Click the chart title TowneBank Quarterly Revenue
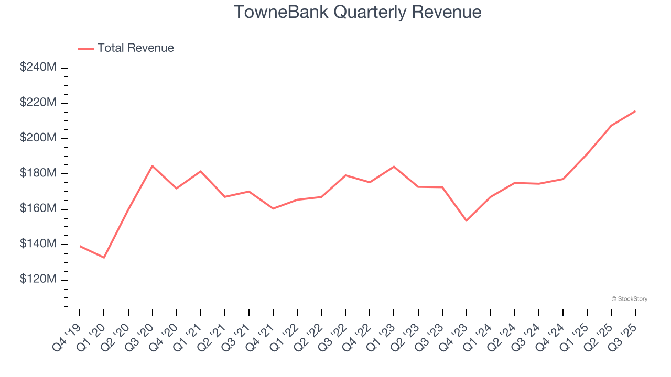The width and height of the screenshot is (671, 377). [x=357, y=12]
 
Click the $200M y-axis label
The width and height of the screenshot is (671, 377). [x=38, y=138]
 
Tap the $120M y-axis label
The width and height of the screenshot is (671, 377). [x=38, y=279]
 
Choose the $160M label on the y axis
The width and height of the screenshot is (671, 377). [x=38, y=208]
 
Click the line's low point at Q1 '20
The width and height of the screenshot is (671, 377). [x=104, y=258]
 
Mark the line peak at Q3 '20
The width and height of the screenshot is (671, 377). [x=152, y=166]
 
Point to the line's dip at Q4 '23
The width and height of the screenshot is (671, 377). [x=466, y=221]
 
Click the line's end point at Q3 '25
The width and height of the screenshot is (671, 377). [x=635, y=111]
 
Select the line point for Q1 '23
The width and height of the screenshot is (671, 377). [x=394, y=167]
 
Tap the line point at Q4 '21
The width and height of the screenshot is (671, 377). [x=273, y=208]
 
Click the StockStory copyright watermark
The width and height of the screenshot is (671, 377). [x=629, y=299]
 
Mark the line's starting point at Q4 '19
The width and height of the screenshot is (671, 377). [x=80, y=246]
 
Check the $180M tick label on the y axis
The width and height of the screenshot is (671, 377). [x=38, y=173]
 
